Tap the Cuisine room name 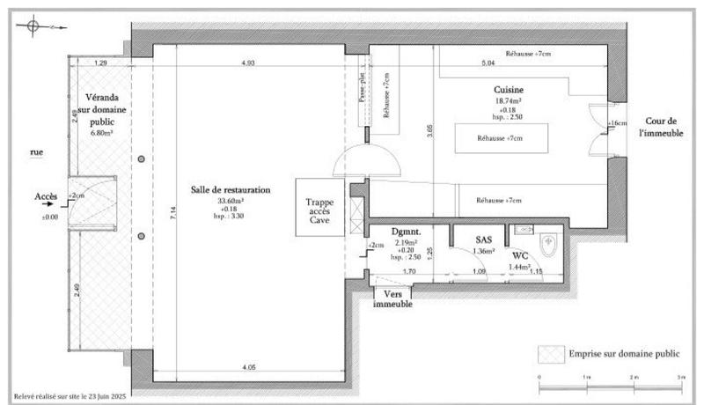pyautogui.click(x=510, y=90)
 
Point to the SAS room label pyautogui.click(x=483, y=239)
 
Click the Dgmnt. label pyautogui.click(x=407, y=232)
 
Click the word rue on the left pyautogui.click(x=36, y=152)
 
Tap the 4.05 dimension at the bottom pyautogui.click(x=249, y=366)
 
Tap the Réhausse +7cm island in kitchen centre pyautogui.click(x=500, y=138)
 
